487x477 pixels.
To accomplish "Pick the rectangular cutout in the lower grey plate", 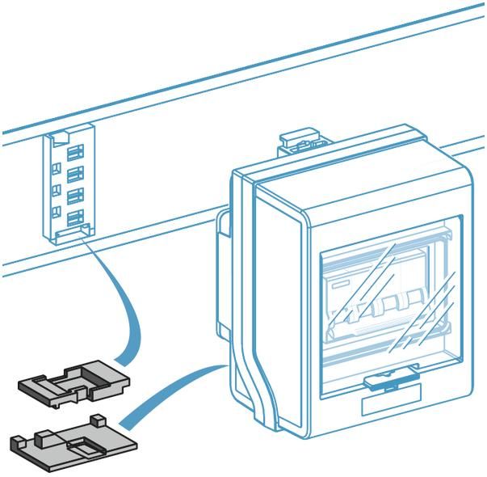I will (81, 447).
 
